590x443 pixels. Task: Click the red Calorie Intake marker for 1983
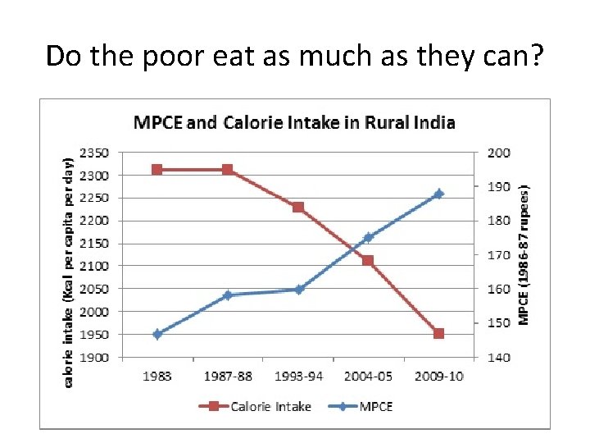point(157,170)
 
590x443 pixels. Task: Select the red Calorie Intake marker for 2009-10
point(438,334)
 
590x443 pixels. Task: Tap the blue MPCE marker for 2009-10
point(438,194)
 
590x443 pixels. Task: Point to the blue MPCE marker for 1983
point(157,334)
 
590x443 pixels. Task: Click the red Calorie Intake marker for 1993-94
point(298,208)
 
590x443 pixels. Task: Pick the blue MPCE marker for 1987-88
point(227,295)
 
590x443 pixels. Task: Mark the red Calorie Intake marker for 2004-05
point(368,261)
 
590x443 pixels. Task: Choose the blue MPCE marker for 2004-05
point(368,238)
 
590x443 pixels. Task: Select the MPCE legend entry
point(363,406)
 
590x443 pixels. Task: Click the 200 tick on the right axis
point(499,153)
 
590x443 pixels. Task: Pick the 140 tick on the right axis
point(499,358)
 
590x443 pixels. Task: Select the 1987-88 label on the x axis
point(227,376)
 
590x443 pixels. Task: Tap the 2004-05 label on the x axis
point(368,376)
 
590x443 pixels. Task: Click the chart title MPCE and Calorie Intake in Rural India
point(294,123)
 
